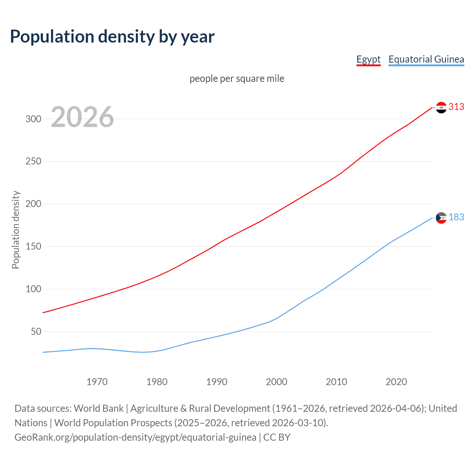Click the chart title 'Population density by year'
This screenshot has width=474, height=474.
pos(112,37)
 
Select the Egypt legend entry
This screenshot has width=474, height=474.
pos(368,59)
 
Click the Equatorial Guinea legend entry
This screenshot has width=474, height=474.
pos(426,59)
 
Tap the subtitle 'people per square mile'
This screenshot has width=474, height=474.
pos(237,79)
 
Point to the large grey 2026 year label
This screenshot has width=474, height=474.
pos(82,117)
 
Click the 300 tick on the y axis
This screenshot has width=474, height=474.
pos(33,119)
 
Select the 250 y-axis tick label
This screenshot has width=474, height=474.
pos(33,161)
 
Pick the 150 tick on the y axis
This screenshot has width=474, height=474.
pos(33,247)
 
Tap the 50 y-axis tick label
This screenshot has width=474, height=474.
pos(36,331)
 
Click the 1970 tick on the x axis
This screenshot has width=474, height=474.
pos(97,382)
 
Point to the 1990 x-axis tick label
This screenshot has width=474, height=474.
pos(217,382)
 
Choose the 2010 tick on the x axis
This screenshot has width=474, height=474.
pos(336,382)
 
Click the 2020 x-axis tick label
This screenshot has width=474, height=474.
pos(396,382)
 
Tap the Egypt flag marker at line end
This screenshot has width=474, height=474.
pos(441,107)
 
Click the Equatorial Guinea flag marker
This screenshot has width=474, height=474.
pos(441,218)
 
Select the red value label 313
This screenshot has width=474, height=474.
pos(456,107)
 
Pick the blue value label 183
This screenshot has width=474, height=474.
pos(456,217)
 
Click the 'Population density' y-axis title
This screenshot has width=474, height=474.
pos(16,230)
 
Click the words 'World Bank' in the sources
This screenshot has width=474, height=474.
pos(99,408)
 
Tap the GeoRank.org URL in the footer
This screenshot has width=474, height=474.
pos(135,437)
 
